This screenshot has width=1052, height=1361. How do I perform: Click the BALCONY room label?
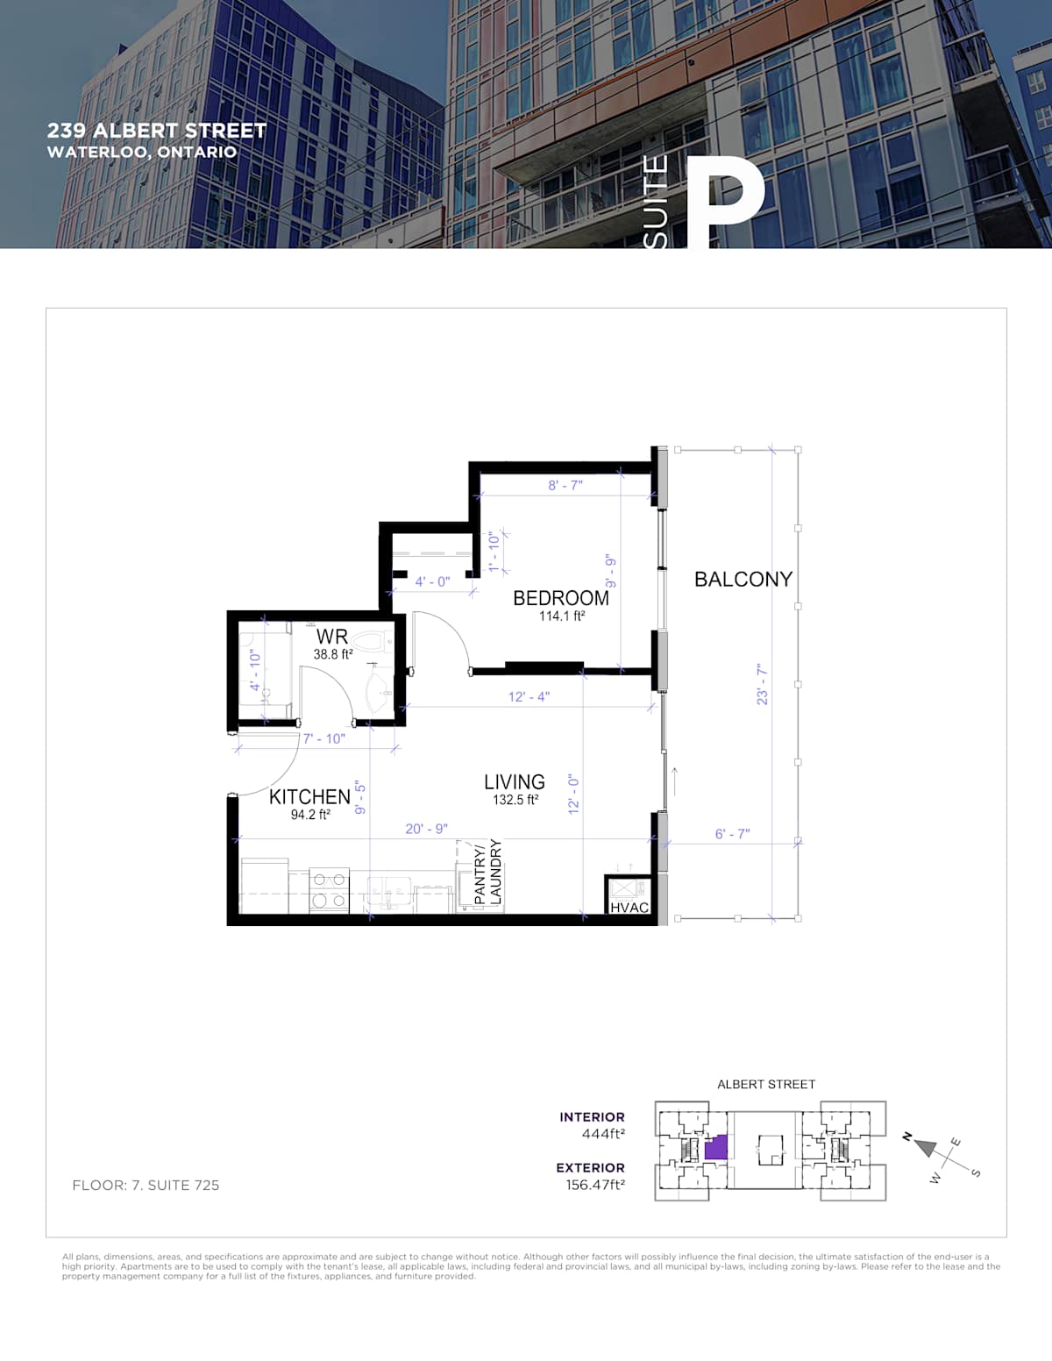click(x=743, y=580)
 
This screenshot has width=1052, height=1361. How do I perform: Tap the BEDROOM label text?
click(x=561, y=598)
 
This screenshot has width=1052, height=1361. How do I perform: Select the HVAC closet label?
click(x=629, y=908)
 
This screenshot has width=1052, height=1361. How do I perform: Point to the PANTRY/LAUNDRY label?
click(x=488, y=873)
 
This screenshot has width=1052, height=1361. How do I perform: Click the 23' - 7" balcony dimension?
click(x=762, y=685)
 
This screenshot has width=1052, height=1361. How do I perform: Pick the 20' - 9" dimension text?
click(x=427, y=829)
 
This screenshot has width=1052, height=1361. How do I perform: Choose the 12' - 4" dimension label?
click(x=529, y=696)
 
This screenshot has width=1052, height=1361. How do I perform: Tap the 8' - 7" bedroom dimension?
click(x=565, y=486)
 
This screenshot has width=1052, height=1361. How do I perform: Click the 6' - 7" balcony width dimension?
click(x=732, y=834)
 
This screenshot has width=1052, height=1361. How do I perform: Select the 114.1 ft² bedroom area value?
click(x=562, y=616)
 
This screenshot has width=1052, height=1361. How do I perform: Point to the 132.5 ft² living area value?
click(x=515, y=800)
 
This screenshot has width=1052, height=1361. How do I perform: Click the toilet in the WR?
click(x=372, y=641)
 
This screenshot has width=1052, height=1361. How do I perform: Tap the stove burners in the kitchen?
click(x=330, y=891)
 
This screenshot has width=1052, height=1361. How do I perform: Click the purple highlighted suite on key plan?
click(x=716, y=1147)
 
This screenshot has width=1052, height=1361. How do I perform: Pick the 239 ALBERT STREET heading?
click(x=157, y=131)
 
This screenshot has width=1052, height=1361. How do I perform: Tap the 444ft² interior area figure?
click(x=604, y=1134)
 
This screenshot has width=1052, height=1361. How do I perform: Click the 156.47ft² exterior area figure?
click(x=596, y=1185)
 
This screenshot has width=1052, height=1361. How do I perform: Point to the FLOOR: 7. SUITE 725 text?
click(x=146, y=1185)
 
